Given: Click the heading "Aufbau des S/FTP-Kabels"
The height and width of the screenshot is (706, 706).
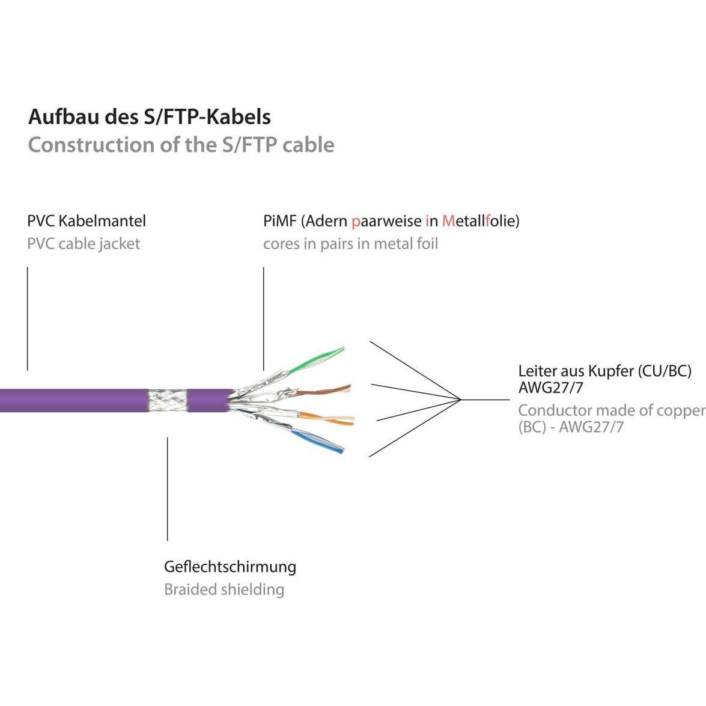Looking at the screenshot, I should click(149, 117).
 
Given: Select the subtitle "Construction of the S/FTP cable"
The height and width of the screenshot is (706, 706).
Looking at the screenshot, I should click(181, 145).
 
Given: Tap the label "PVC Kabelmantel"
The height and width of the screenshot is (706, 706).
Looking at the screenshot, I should click(87, 221).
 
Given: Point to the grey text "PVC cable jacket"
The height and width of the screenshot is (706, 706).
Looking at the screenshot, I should click(84, 244).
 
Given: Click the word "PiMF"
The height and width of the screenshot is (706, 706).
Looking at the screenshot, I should click(279, 221).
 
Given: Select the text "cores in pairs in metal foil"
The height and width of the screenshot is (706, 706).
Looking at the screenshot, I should click(350, 244).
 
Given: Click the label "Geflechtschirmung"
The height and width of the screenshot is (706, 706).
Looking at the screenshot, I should click(230, 567).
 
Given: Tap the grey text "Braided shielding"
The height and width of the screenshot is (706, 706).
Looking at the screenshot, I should click(224, 589).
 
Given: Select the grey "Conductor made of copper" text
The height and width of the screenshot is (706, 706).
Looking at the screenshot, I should click(610, 410).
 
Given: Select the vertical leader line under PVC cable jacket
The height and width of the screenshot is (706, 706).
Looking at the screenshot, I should click(27, 318).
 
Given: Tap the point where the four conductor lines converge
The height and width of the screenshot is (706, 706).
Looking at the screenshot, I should click(460, 400).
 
